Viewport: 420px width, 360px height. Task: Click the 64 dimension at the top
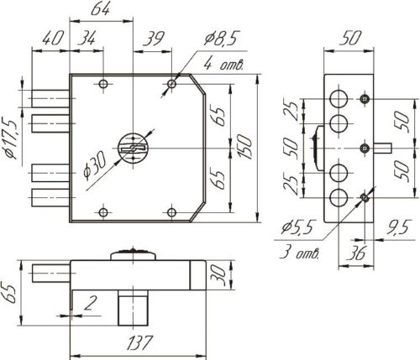(x=100, y=9)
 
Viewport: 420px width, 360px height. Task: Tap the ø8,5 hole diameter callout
(x=222, y=39)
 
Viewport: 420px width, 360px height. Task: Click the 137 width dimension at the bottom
(x=139, y=342)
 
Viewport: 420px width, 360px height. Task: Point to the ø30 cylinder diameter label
(x=95, y=164)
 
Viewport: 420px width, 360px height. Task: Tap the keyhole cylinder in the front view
(x=133, y=148)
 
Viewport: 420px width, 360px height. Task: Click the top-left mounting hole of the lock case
(x=103, y=84)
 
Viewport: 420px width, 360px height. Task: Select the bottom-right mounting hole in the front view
(x=171, y=212)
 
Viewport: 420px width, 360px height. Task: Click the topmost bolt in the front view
(x=50, y=98)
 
